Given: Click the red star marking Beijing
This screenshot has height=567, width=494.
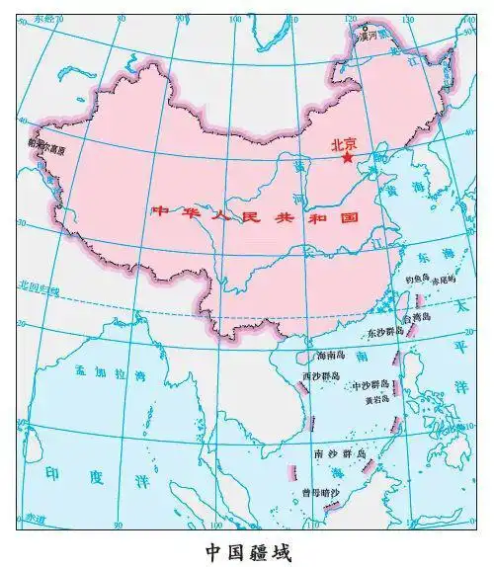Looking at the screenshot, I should [347, 157].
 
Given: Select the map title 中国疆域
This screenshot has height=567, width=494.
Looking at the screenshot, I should [248, 549].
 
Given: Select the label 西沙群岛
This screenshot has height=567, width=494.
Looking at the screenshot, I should [320, 377].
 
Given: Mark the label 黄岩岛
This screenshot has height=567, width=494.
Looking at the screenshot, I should [377, 401].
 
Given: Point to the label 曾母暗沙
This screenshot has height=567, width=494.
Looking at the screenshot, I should [321, 492].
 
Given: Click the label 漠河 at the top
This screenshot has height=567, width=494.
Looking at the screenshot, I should [370, 34].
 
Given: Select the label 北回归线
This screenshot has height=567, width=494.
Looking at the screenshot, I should [39, 287].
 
